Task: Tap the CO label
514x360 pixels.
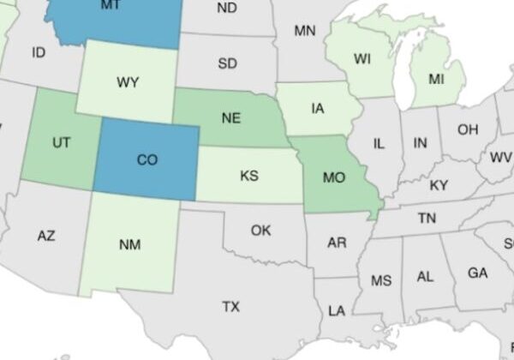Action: pyautogui.click(x=146, y=159)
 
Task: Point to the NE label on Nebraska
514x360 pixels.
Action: pyautogui.click(x=230, y=119)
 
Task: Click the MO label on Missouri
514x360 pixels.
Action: pyautogui.click(x=334, y=178)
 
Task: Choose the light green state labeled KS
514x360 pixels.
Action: pyautogui.click(x=249, y=176)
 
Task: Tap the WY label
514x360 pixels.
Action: pyautogui.click(x=128, y=82)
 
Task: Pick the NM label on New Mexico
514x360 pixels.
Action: pyautogui.click(x=129, y=245)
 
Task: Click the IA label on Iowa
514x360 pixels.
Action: pyautogui.click(x=318, y=108)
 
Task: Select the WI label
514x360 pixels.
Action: pyautogui.click(x=362, y=59)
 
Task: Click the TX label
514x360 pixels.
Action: pyautogui.click(x=230, y=306)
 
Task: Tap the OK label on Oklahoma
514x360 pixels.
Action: pyautogui.click(x=261, y=230)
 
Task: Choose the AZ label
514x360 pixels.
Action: pyautogui.click(x=46, y=235)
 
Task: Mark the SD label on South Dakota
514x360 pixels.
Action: pyautogui.click(x=227, y=63)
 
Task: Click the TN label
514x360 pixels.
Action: pyautogui.click(x=427, y=219)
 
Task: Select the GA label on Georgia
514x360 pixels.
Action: pyautogui.click(x=477, y=273)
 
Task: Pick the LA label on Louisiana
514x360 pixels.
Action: pyautogui.click(x=337, y=309)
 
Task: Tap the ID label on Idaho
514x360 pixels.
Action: pyautogui.click(x=38, y=52)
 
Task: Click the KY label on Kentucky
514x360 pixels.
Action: pyautogui.click(x=439, y=185)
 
